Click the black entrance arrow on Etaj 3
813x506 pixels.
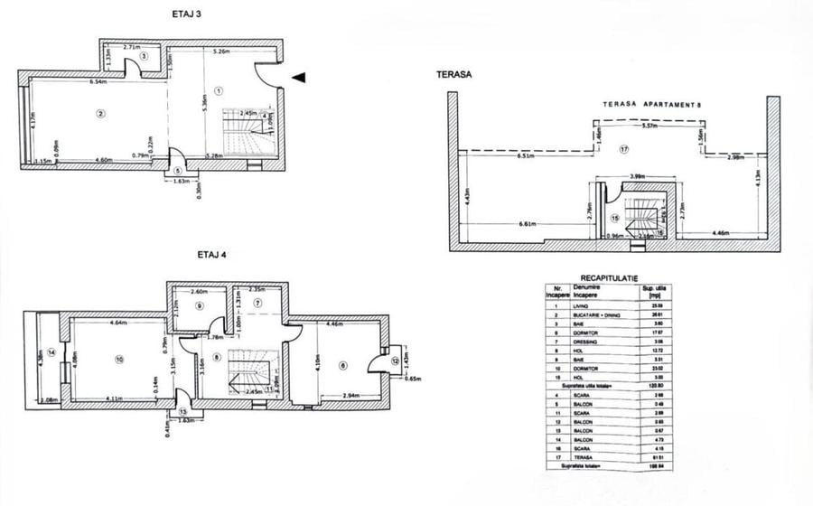point(299,79)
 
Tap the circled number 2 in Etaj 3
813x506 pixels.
point(101,113)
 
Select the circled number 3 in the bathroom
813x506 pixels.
point(144,56)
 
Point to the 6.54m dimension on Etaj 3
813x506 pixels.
point(98,82)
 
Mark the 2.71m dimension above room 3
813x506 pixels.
point(132,46)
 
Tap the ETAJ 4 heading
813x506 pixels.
point(211,256)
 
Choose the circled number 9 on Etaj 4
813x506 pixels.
point(200,305)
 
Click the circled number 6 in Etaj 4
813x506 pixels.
point(343,365)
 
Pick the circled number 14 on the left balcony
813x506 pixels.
point(52,351)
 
